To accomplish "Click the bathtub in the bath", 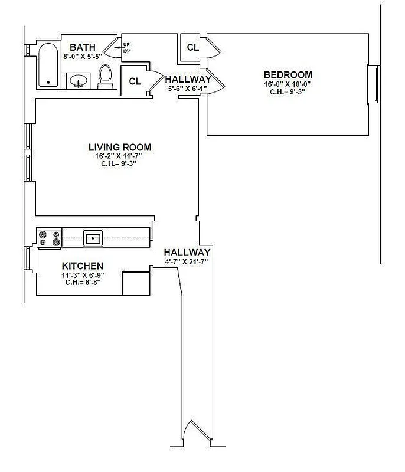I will pyautogui.click(x=48, y=65).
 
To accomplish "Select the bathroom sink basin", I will pyautogui.click(x=78, y=80).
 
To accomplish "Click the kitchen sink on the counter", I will pyautogui.click(x=93, y=238).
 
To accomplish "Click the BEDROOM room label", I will pyautogui.click(x=288, y=75).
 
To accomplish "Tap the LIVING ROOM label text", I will pyautogui.click(x=120, y=147).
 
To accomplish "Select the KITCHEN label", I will pyautogui.click(x=83, y=266).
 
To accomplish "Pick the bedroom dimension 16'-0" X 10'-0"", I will pyautogui.click(x=288, y=84).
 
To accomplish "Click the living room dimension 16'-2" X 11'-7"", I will pyautogui.click(x=120, y=156).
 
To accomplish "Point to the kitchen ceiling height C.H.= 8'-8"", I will pyautogui.click(x=83, y=283).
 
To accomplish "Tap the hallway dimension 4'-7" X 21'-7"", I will pyautogui.click(x=187, y=261).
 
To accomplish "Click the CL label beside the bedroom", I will pyautogui.click(x=192, y=48).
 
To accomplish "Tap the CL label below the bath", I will pyautogui.click(x=135, y=81).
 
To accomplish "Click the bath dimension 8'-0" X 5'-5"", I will pyautogui.click(x=82, y=56).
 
